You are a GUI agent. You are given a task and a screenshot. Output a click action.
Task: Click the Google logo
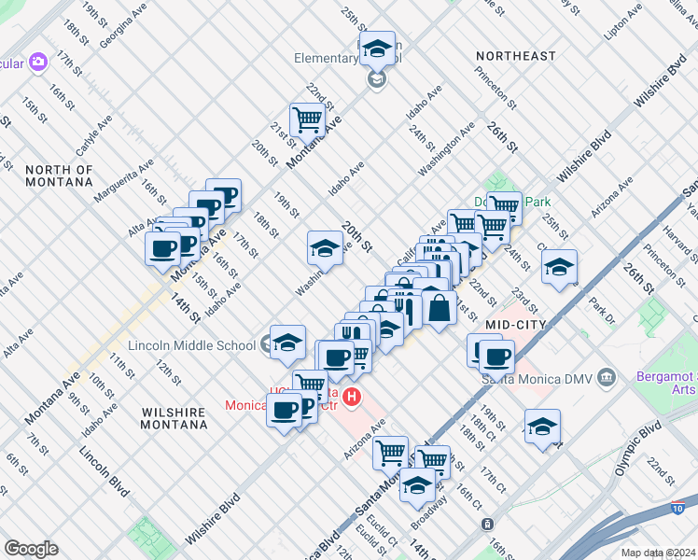tap(32, 549)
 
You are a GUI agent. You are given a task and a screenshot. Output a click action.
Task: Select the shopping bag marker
tap(438, 307)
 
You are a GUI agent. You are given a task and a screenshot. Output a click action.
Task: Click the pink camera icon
tap(37, 63)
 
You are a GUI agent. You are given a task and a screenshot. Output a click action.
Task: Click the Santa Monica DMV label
tap(537, 378)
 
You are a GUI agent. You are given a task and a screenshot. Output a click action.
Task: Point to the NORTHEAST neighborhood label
tap(515, 56)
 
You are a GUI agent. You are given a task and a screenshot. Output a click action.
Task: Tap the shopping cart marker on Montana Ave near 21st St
tap(305, 119)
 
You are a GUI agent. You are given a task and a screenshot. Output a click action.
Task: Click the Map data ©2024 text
tap(658, 553)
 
